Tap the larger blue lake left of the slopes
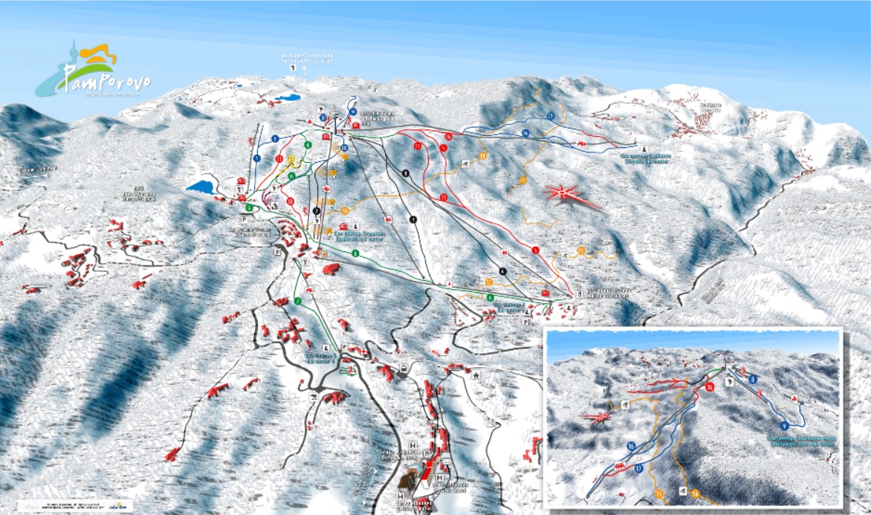pos(200,187)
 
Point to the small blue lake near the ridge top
pos(287,97)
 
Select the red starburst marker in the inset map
pos(597,418)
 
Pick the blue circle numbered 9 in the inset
pos(785,425)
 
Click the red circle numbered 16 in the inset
pos(710,387)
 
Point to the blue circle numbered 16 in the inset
pos(631,447)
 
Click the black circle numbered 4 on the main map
pos(503,271)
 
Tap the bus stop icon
pos(402,369)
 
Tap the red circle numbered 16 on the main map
pos(448,137)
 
